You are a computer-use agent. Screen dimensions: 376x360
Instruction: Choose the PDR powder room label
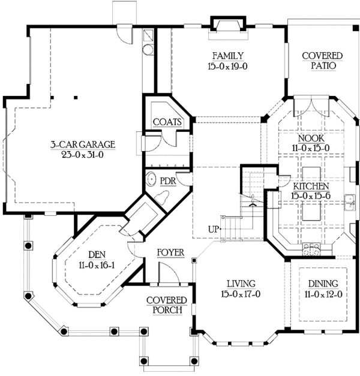pyautogui.click(x=167, y=180)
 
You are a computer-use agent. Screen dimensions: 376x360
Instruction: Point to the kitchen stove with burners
pyautogui.click(x=313, y=246)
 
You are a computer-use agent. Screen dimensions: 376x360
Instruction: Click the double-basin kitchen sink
pyautogui.click(x=349, y=200)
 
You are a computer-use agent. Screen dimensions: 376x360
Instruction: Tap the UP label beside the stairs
pyautogui.click(x=213, y=228)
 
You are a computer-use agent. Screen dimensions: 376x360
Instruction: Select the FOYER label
pyautogui.click(x=170, y=252)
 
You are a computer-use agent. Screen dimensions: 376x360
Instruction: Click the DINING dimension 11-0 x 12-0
pyautogui.click(x=322, y=294)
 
